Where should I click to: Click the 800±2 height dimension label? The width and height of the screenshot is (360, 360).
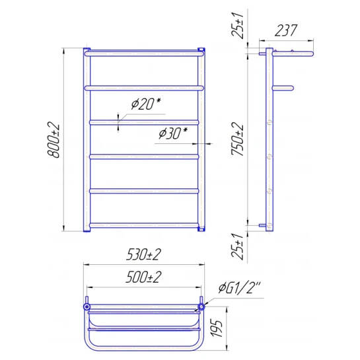pyautogui.click(x=54, y=140)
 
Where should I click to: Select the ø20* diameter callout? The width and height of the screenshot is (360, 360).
pyautogui.click(x=146, y=104)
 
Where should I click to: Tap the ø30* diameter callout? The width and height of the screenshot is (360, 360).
pyautogui.click(x=173, y=133)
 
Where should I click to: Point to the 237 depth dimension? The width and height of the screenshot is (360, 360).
pyautogui.click(x=286, y=30)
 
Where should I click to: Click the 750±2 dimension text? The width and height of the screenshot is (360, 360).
pyautogui.click(x=237, y=139)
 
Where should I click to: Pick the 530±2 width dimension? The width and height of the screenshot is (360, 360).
pyautogui.click(x=144, y=254)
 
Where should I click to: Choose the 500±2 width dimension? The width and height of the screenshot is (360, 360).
pyautogui.click(x=144, y=277)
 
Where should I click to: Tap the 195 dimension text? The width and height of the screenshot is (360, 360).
pyautogui.click(x=217, y=328)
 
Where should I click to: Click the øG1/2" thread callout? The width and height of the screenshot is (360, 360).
pyautogui.click(x=240, y=288)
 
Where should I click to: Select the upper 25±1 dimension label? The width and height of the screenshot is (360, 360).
pyautogui.click(x=237, y=25)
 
